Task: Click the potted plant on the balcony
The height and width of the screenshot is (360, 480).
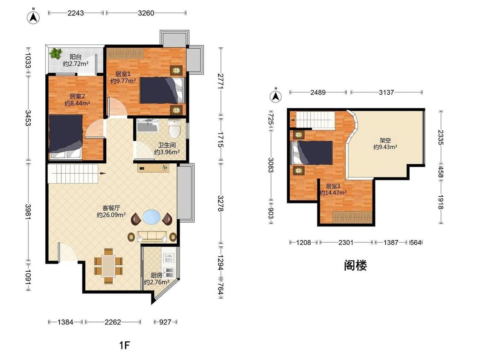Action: [55, 53]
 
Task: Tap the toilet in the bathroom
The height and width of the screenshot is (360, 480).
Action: [175, 128]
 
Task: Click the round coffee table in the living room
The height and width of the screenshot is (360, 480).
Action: [151, 217]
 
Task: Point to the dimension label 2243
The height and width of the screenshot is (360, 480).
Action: [76, 13]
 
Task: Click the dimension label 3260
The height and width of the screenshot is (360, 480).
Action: [146, 13]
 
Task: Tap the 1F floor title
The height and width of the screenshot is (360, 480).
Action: [124, 345]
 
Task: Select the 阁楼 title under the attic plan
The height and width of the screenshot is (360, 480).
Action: [355, 266]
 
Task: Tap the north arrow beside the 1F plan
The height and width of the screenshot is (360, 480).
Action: [33, 17]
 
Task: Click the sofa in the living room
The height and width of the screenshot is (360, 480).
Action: [152, 236]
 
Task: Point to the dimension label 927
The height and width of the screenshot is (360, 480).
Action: [165, 322]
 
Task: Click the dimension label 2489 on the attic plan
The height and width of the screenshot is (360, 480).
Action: [318, 92]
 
